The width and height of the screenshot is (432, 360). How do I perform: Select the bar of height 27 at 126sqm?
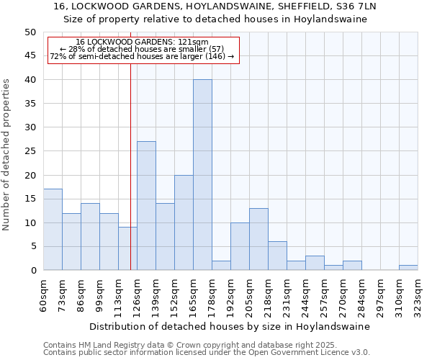[146, 206]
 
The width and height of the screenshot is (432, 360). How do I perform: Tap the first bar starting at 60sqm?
[53, 230]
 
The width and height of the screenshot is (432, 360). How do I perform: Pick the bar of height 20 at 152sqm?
[184, 222]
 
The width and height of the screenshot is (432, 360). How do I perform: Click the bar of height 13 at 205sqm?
[258, 239]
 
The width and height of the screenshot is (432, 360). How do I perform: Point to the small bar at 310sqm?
[408, 268]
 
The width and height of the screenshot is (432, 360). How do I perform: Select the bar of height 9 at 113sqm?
[127, 249]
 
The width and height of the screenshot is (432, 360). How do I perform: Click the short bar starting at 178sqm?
[221, 266]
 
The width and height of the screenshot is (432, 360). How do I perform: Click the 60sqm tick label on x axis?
[44, 295]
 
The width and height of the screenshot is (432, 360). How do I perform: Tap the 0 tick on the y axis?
[32, 271]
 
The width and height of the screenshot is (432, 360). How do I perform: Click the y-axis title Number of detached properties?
[6, 155]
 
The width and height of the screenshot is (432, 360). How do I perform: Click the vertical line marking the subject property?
[130, 180]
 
